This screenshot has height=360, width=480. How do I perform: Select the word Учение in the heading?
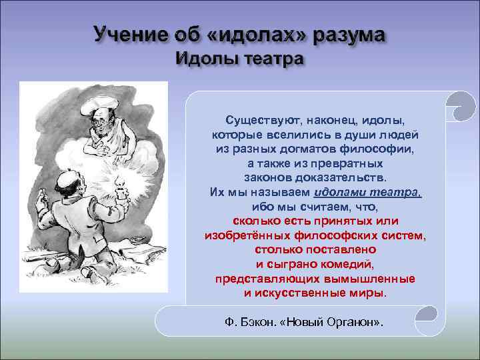(127, 33)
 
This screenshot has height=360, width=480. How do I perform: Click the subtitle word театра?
(269, 58)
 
